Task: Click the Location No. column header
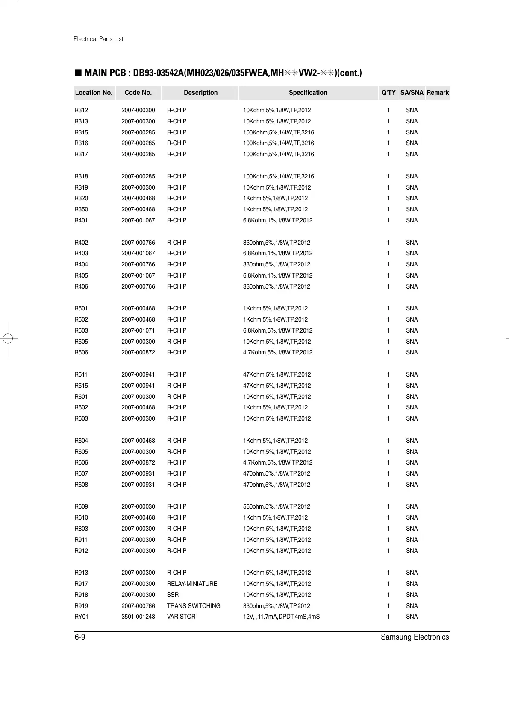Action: click(94, 93)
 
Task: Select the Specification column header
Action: click(308, 93)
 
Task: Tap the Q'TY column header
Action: click(388, 93)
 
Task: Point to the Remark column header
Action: click(438, 93)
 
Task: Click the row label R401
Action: click(81, 220)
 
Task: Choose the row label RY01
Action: click(82, 617)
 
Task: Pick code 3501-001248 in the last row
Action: click(138, 617)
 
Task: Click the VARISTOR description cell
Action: click(181, 617)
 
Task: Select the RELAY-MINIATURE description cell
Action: click(192, 584)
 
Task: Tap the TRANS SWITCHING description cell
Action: click(194, 606)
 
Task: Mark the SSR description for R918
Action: click(173, 595)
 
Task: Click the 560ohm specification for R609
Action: click(277, 506)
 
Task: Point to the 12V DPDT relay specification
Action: click(281, 617)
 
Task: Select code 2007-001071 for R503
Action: click(138, 330)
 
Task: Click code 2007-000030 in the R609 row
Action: click(138, 506)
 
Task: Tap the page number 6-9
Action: click(80, 637)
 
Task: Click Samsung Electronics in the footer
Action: click(415, 637)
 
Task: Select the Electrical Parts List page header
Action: click(98, 39)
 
